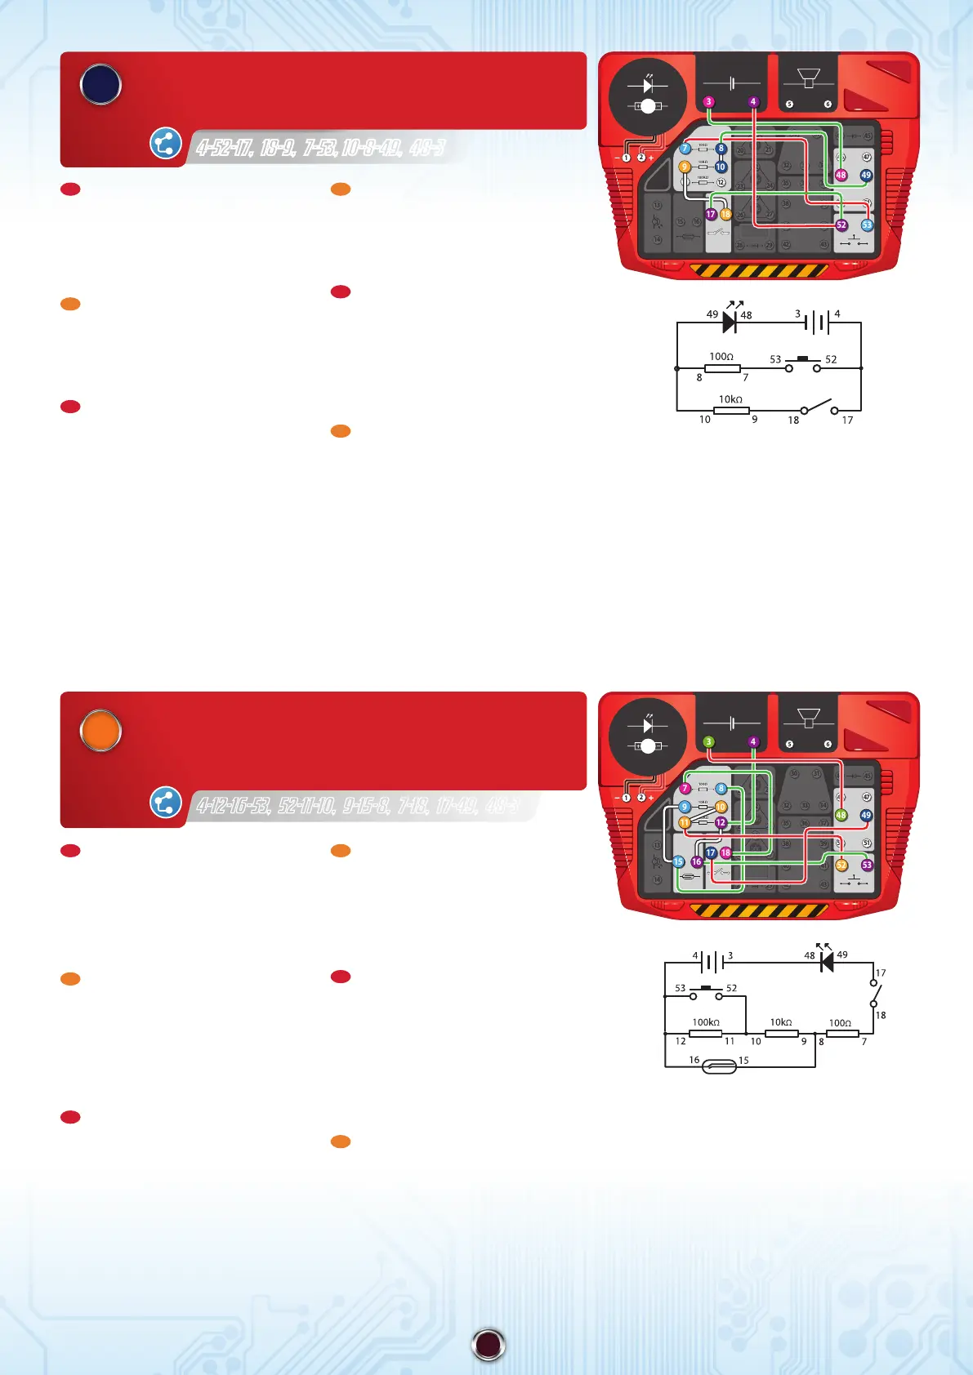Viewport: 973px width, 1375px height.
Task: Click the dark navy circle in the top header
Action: [100, 85]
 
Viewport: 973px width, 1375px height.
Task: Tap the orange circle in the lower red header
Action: [100, 730]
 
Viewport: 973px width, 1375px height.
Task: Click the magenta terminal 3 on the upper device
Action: [708, 102]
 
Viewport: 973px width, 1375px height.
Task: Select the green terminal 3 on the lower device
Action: [708, 742]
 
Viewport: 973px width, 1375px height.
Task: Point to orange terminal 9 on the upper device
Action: [685, 167]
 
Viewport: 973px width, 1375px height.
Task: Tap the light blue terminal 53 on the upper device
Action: [867, 225]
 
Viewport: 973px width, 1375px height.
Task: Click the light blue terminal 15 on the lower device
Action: [678, 861]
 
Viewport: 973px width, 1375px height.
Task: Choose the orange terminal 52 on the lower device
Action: [841, 865]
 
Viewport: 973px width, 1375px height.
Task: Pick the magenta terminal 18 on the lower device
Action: [725, 852]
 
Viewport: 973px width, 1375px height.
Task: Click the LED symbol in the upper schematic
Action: [730, 322]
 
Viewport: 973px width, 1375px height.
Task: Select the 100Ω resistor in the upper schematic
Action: [722, 369]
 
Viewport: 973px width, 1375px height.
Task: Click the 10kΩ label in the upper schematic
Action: [730, 399]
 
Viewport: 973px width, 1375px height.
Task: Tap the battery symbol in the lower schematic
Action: [713, 963]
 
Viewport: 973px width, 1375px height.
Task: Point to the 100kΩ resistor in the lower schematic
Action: [705, 1034]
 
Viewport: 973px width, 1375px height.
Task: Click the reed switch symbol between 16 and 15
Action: [719, 1066]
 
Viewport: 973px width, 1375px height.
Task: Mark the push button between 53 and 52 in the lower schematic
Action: [706, 993]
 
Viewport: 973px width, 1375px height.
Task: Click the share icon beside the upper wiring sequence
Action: [165, 144]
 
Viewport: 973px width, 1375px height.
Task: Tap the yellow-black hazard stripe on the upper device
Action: [759, 270]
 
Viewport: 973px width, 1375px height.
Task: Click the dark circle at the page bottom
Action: [489, 1344]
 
